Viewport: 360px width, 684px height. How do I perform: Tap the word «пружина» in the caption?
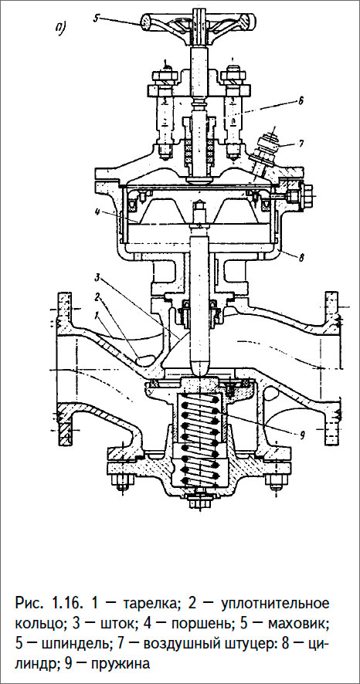[121, 663]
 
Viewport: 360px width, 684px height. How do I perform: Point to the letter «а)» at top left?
[61, 30]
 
